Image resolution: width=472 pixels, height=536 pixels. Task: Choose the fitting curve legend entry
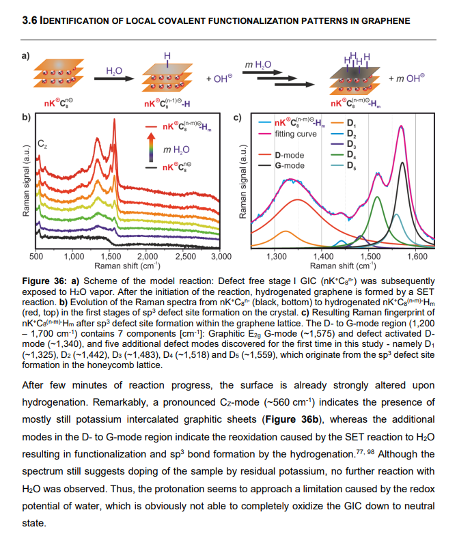[295, 134]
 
